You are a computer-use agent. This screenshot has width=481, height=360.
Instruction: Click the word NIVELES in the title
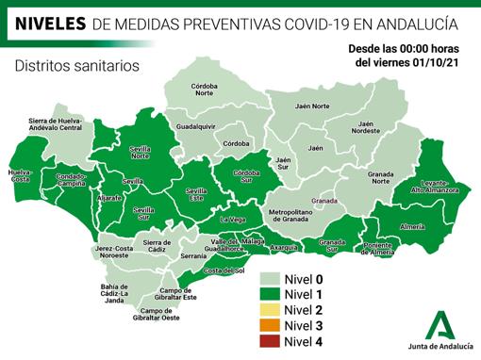[48, 20]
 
